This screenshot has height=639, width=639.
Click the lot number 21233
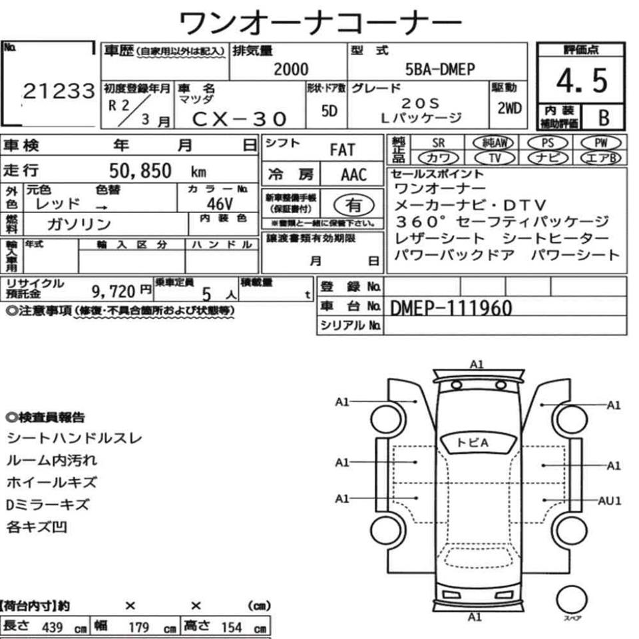59,92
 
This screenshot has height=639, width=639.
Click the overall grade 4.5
582,81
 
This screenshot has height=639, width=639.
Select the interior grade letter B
603,118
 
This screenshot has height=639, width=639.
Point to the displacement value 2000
291,69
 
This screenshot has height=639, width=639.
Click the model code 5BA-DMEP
440,69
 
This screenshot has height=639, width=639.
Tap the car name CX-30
239,118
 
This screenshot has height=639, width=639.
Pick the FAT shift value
342,150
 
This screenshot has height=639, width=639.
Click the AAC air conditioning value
353,174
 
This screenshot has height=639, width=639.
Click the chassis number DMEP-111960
451,307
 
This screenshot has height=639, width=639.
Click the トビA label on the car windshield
473,442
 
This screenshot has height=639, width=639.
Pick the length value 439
52,628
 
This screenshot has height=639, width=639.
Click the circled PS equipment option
547,142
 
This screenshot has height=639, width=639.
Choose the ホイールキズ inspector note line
51,483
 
